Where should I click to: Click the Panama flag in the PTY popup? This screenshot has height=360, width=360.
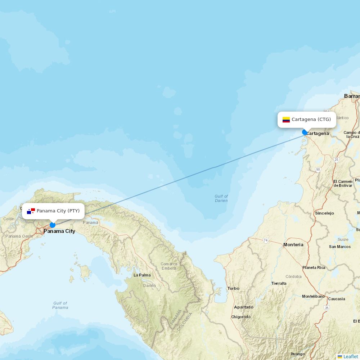(31, 211)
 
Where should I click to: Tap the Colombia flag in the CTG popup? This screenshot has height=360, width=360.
(286, 120)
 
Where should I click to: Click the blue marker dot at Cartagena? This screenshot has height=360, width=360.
(305, 132)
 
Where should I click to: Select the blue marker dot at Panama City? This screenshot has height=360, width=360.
(53, 225)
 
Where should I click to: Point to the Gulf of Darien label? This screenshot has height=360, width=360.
(221, 198)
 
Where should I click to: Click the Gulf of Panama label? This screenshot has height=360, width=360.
(60, 305)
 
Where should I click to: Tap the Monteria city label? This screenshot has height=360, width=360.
(293, 244)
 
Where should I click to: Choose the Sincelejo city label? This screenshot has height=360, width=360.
(324, 213)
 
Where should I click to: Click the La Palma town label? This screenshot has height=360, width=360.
(142, 275)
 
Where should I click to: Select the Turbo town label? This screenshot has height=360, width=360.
(233, 288)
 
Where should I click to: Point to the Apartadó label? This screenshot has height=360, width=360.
(244, 307)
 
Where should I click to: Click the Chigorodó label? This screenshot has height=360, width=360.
(241, 317)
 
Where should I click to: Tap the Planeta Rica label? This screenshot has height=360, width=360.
(314, 267)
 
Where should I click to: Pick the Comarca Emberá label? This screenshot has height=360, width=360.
(169, 266)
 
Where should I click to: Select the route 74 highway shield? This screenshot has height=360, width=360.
(266, 240)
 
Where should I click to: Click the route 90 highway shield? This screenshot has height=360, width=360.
(318, 169)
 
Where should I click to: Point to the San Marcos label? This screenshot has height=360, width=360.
(340, 247)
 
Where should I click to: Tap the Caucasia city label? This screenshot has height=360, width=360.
(337, 299)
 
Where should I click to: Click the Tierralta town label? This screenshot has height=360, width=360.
(279, 283)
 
